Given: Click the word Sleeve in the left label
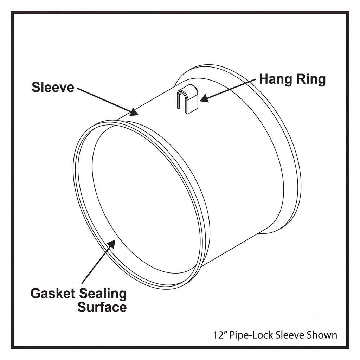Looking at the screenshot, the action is click(x=53, y=87).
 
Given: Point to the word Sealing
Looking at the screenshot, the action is click(x=103, y=295).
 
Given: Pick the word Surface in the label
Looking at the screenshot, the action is click(x=102, y=307).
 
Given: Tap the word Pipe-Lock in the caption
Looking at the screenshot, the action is click(x=251, y=335).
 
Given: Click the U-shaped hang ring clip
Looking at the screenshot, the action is click(x=187, y=99).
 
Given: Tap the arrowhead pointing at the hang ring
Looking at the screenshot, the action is click(x=204, y=98).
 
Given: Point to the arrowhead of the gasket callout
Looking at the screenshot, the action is click(x=111, y=244).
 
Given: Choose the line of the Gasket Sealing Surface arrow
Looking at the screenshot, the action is click(x=98, y=261).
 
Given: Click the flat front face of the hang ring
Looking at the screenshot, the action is click(x=193, y=104).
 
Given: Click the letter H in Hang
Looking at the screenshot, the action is click(x=264, y=79).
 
